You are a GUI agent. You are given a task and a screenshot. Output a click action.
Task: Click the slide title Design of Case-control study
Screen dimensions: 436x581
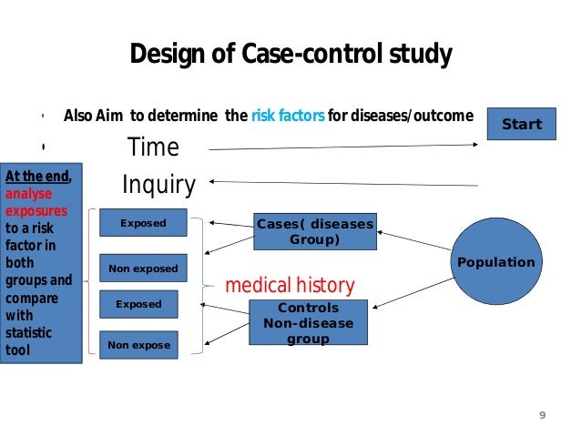point(290,56)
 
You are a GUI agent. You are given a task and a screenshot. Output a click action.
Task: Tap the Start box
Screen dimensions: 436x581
point(522,125)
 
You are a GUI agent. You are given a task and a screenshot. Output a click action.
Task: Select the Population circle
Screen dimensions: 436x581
point(495,262)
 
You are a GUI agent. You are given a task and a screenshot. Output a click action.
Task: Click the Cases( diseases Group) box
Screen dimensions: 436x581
point(314,231)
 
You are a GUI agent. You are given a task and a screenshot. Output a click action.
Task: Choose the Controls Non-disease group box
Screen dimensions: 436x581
point(308,322)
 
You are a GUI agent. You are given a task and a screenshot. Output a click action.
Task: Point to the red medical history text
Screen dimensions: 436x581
point(289,286)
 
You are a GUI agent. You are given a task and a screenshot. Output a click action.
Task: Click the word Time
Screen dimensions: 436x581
point(153,147)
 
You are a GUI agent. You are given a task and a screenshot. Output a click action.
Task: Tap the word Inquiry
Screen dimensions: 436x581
point(158,185)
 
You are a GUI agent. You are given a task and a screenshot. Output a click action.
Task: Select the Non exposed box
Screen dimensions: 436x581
point(143,269)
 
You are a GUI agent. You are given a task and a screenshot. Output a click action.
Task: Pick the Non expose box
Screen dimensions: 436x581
point(139,345)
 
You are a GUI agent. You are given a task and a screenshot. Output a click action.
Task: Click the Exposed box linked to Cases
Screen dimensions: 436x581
point(143,222)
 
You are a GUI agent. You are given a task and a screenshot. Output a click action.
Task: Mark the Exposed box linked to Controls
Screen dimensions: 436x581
point(138,304)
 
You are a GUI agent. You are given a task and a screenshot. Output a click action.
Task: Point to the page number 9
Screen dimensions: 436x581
point(543,415)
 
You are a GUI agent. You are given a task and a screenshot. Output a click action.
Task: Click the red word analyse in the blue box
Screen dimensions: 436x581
point(28,194)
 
